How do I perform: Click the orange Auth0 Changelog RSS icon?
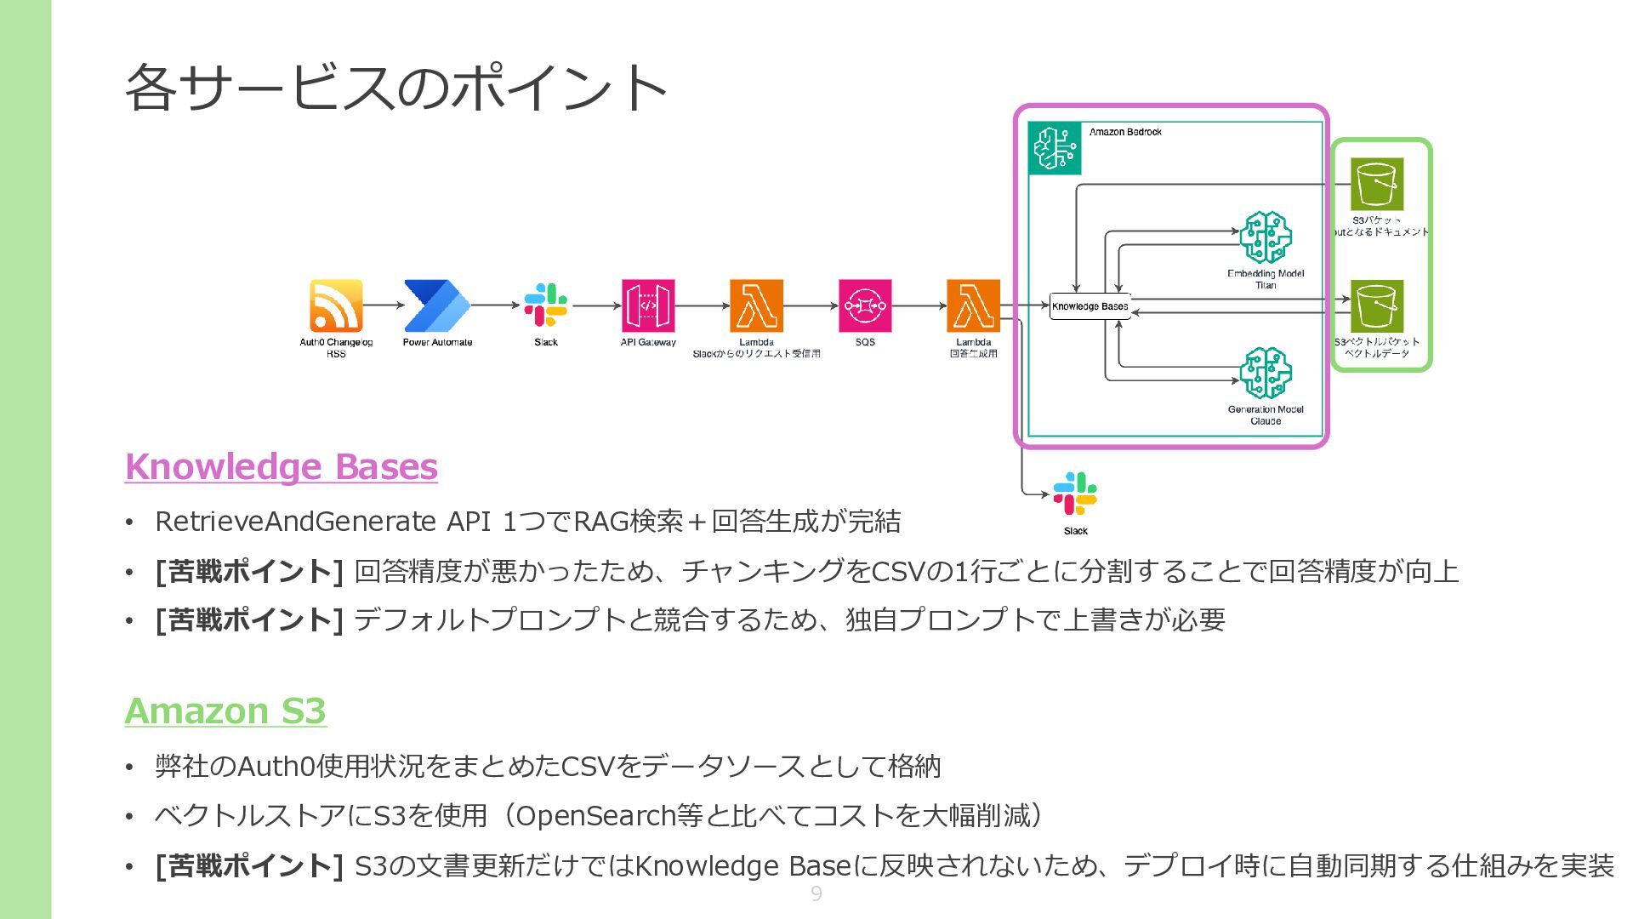click(x=336, y=305)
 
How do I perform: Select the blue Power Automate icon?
click(x=436, y=305)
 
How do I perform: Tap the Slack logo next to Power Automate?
click(x=545, y=305)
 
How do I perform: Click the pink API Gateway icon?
click(x=648, y=305)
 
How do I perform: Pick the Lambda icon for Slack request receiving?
click(x=756, y=305)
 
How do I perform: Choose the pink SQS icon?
click(x=865, y=305)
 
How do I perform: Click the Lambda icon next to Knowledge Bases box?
click(x=973, y=305)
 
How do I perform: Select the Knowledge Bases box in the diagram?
click(x=1090, y=306)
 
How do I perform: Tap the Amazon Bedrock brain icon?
click(x=1055, y=148)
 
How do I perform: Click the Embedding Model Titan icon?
click(x=1266, y=237)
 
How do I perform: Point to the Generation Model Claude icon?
click(x=1266, y=373)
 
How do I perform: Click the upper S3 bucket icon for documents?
click(x=1377, y=183)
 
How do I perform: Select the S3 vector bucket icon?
click(x=1377, y=305)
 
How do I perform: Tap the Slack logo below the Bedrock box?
click(x=1075, y=494)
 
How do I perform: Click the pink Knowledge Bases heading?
click(x=281, y=466)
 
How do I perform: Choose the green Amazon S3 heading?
click(x=225, y=711)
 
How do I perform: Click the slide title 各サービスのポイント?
click(x=395, y=87)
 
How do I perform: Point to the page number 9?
click(x=816, y=893)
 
